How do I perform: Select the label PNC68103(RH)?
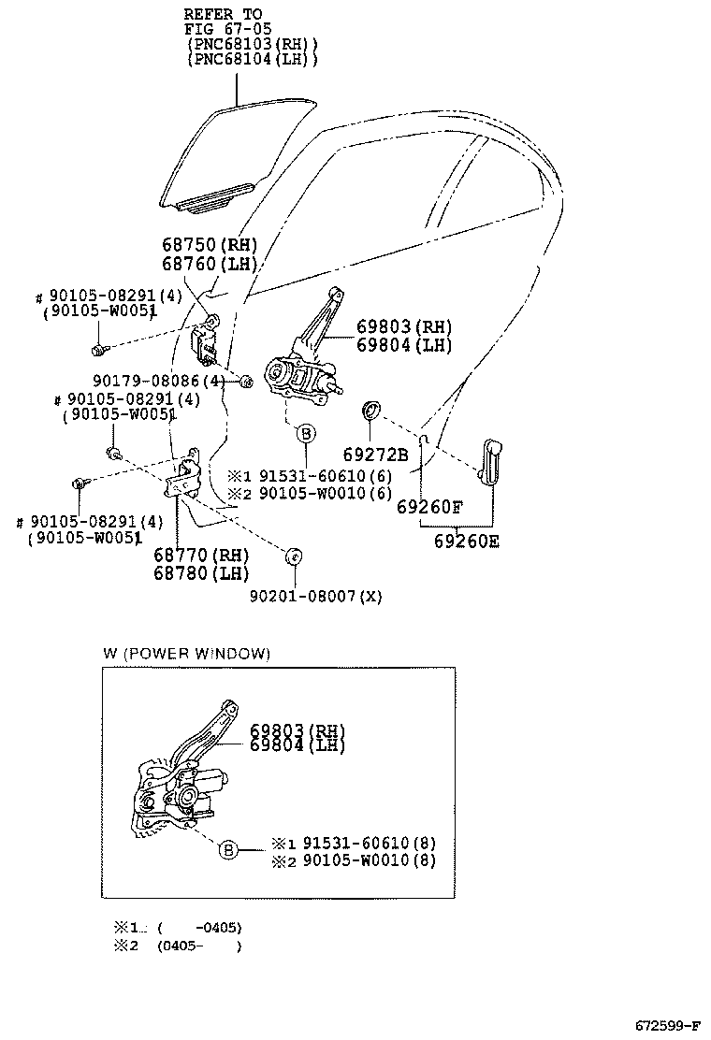tap(253, 44)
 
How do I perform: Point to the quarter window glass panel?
tap(234, 159)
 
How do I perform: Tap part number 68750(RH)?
tap(208, 246)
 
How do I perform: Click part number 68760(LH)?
tap(208, 264)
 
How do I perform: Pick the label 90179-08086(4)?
tap(159, 381)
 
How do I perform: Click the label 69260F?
tap(429, 509)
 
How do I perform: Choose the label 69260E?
tap(466, 542)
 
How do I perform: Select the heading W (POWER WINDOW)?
tap(186, 654)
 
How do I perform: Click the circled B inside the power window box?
tap(227, 850)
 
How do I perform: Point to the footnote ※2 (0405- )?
tap(178, 946)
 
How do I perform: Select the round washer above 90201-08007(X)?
tap(293, 556)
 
